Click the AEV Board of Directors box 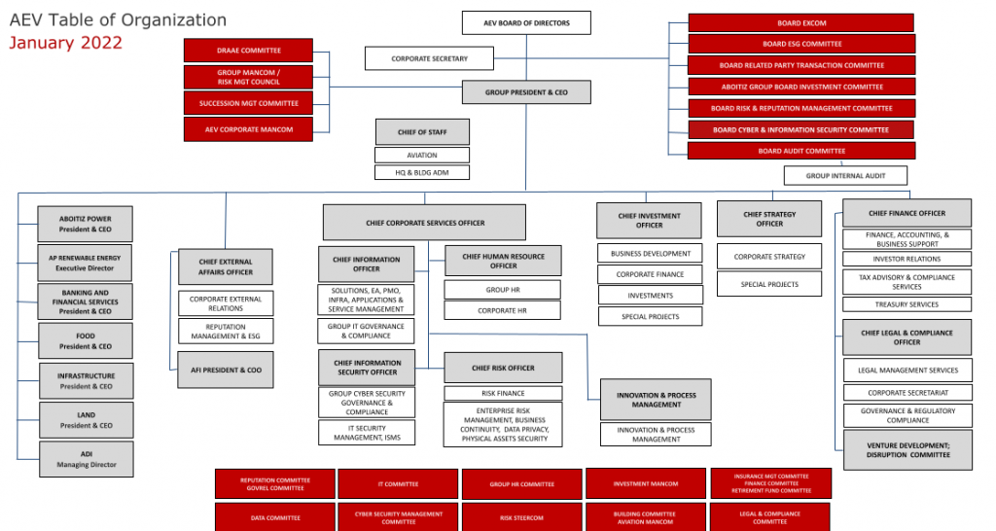pos(526,22)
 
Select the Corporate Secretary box pos(429,58)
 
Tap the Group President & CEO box pos(526,93)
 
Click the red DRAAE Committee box pos(248,51)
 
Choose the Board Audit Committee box pos(801,151)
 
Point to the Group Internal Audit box pos(845,176)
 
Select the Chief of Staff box pos(422,132)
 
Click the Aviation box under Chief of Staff pos(422,155)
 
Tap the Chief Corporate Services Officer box pos(424,223)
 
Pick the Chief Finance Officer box pos(907,214)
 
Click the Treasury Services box pos(907,304)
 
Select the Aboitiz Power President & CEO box pos(86,224)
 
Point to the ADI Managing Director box pos(86,459)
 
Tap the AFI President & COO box pos(225,371)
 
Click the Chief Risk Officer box pos(503,368)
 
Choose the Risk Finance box pos(503,394)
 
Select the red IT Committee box pos(398,483)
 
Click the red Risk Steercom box pos(520,517)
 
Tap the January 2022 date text pos(66,43)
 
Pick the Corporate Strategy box pos(769,257)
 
